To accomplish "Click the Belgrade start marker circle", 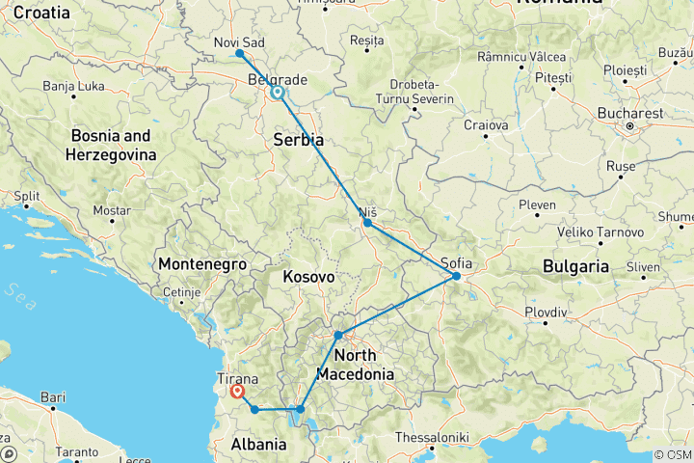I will [278, 94].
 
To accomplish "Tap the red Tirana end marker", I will [236, 392].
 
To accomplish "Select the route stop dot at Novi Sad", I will [239, 53].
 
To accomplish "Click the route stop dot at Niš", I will [367, 223].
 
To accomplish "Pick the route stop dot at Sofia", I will [457, 277].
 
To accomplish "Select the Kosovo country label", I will [308, 277].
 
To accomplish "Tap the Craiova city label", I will [486, 125].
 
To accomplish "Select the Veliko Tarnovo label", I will [604, 232].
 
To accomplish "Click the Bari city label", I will [53, 396].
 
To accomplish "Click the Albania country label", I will [259, 445].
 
